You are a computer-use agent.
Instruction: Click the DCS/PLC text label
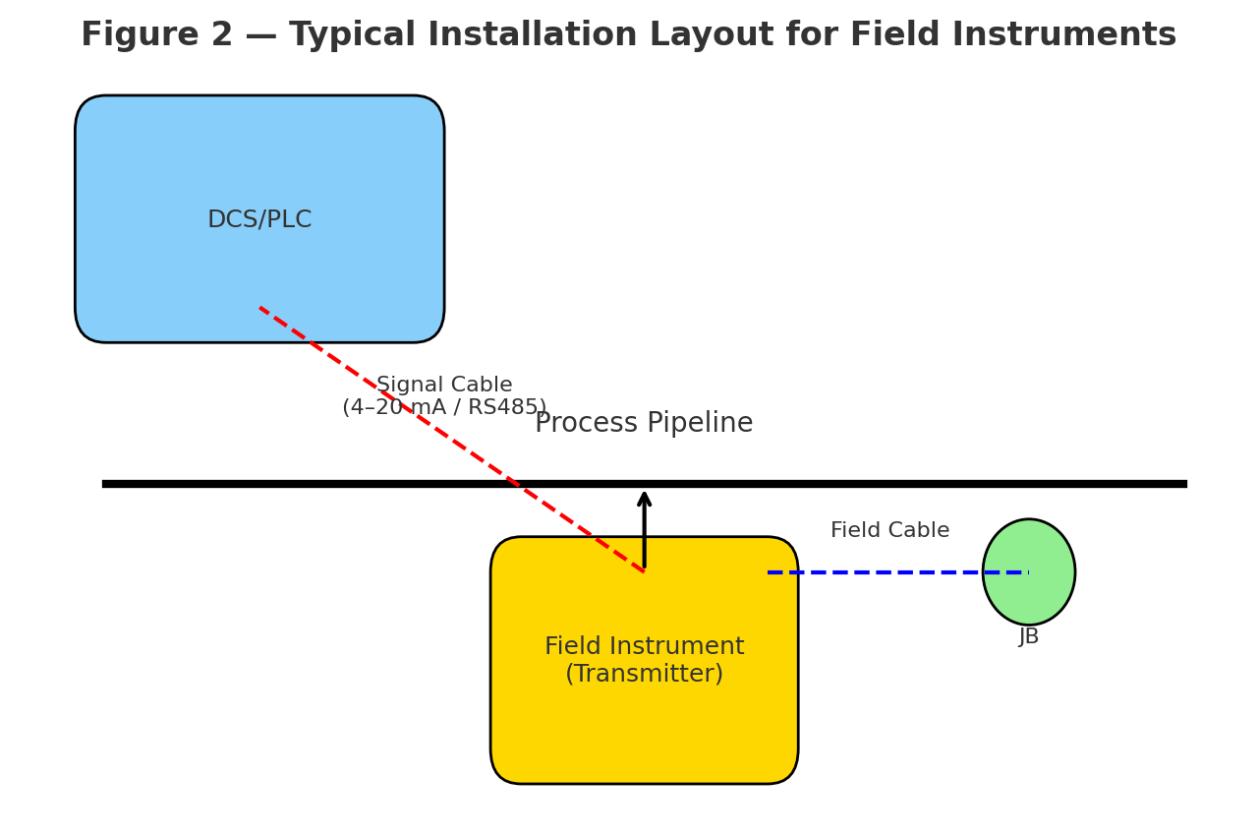pyautogui.click(x=259, y=220)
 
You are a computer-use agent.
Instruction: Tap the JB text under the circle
pyautogui.click(x=1029, y=637)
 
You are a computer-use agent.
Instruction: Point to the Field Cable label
pyautogui.click(x=889, y=531)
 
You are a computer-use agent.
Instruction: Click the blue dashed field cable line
pyautogui.click(x=885, y=571)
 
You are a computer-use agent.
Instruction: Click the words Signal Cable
pyautogui.click(x=444, y=386)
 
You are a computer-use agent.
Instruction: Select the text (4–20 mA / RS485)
pyautogui.click(x=444, y=408)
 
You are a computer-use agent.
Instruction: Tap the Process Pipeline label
pyautogui.click(x=644, y=424)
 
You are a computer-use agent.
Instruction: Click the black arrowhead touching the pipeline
pyautogui.click(x=644, y=499)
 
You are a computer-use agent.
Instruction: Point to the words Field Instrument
pyautogui.click(x=644, y=647)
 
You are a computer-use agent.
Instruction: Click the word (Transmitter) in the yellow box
pyautogui.click(x=644, y=675)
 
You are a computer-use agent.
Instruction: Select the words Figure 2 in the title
pyautogui.click(x=156, y=35)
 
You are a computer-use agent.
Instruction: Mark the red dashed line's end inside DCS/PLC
pyautogui.click(x=260, y=308)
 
